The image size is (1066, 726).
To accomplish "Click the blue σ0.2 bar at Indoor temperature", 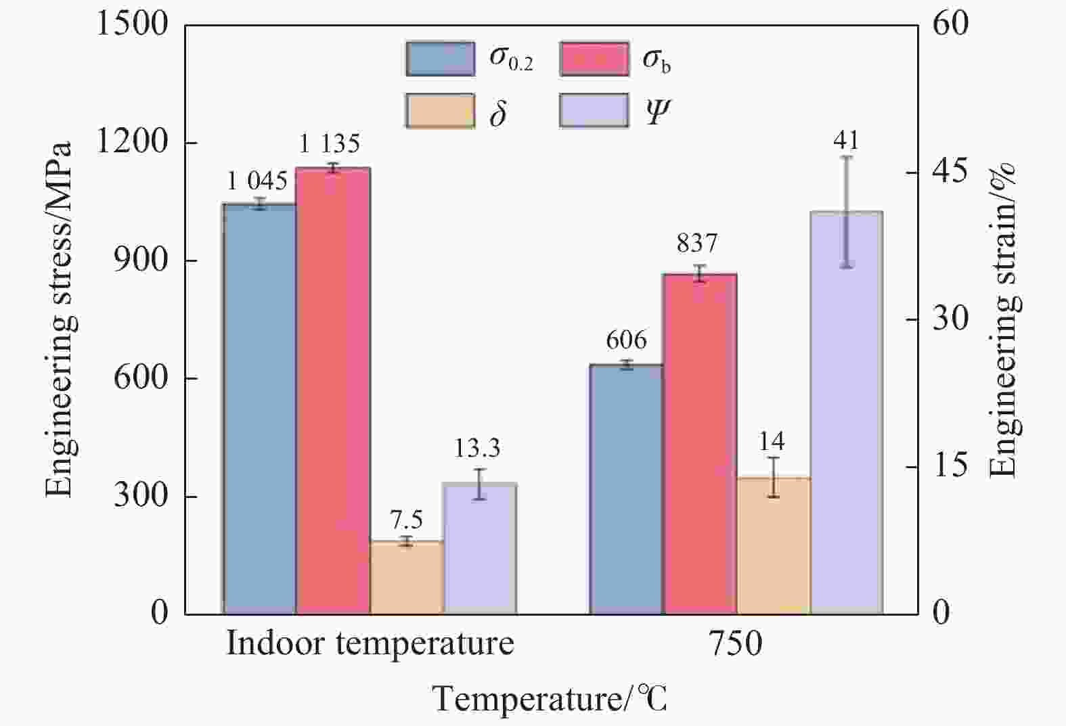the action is (x=259, y=409).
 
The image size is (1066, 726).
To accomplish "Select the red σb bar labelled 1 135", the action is (x=333, y=390).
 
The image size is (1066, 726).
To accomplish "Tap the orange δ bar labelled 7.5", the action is (x=407, y=578).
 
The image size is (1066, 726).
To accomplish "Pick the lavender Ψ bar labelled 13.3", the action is (x=480, y=549).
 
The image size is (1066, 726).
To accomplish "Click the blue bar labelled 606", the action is (x=626, y=490).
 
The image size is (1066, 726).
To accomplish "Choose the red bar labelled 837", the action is (x=700, y=445).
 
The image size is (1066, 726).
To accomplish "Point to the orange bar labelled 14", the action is (x=774, y=546).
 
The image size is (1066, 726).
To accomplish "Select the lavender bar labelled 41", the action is (x=847, y=413).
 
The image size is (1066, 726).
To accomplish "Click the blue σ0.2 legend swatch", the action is (x=441, y=59).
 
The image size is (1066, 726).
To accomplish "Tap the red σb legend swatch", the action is (x=594, y=59).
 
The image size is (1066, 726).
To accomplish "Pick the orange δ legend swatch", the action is (x=441, y=111).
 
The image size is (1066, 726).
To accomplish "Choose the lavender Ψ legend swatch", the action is (x=594, y=111).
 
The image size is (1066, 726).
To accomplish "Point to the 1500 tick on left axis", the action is (x=132, y=24).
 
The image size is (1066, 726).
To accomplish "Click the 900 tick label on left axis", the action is (x=141, y=260).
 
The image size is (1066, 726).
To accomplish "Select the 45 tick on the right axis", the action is (x=950, y=171).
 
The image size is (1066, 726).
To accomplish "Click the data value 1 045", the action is (x=257, y=181).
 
